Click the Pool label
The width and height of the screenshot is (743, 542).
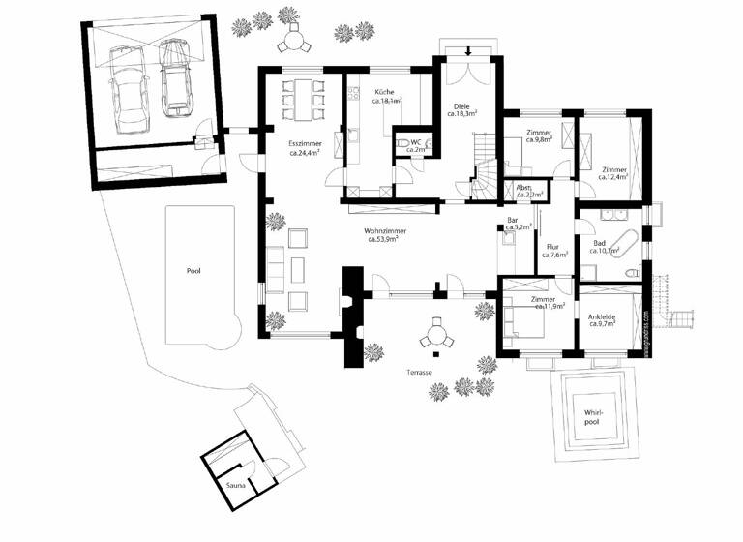click(193, 273)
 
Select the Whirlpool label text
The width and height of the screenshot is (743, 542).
click(592, 417)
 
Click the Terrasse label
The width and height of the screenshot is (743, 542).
click(418, 373)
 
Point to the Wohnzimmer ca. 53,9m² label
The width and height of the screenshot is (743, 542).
click(384, 235)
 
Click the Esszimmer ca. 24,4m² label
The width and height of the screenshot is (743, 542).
click(305, 148)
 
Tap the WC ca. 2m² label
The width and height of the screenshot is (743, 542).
click(416, 146)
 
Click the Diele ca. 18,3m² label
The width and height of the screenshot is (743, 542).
click(462, 109)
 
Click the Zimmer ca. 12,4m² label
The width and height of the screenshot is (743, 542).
click(613, 173)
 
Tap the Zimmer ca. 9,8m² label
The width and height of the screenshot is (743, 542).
click(538, 135)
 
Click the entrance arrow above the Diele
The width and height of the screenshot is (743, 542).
click(469, 50)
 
